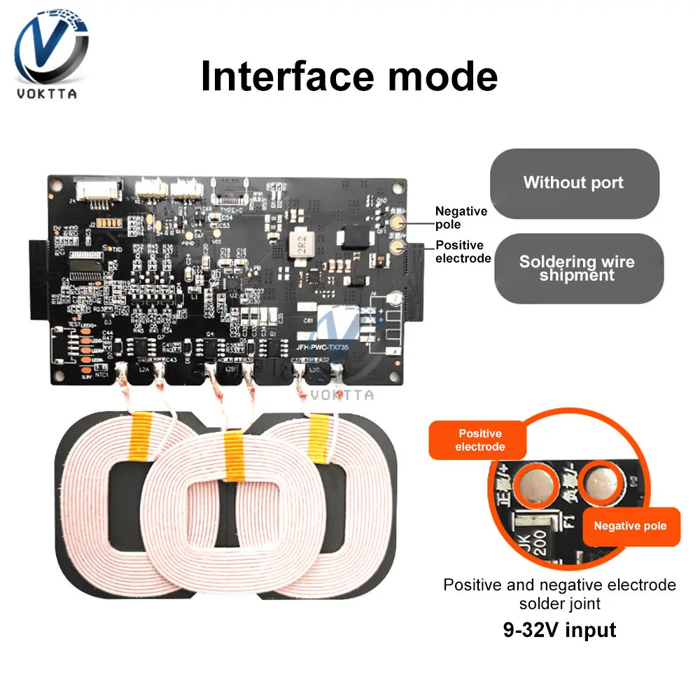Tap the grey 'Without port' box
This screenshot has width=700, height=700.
[573, 183]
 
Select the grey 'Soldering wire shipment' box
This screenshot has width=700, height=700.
[577, 268]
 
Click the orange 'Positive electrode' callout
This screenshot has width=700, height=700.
[480, 440]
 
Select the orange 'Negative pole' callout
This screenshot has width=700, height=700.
[630, 526]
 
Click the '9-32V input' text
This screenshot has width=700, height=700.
[560, 629]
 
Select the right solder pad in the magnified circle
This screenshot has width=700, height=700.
[598, 482]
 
